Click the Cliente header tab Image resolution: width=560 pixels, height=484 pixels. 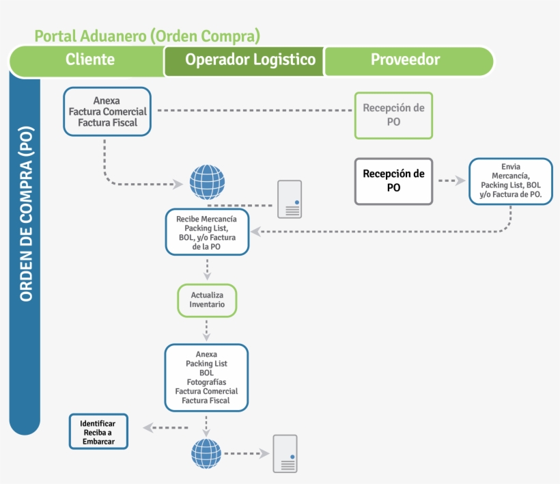point(89,59)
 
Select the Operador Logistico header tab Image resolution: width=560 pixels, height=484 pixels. point(250,59)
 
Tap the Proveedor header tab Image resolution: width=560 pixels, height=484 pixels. point(405,59)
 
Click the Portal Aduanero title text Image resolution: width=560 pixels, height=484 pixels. point(147,36)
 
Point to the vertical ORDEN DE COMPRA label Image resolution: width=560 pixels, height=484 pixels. point(27,215)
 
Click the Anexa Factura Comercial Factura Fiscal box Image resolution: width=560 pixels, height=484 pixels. point(107,111)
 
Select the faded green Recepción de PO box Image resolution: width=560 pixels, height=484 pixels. point(393,115)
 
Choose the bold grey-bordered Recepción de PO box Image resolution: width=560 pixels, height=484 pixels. point(393,181)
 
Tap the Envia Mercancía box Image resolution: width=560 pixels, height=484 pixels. point(510,180)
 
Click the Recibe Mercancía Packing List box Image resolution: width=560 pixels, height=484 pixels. point(206,232)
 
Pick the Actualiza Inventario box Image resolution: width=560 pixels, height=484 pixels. point(206,300)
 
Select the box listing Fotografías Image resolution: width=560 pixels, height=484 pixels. point(206,377)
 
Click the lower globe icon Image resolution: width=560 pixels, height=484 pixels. point(206,453)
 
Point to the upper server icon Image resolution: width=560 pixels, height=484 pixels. point(289,199)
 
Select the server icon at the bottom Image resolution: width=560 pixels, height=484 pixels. point(285,453)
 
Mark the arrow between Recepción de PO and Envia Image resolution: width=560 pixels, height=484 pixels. point(450,181)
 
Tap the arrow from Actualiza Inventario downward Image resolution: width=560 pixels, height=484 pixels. point(206,331)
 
